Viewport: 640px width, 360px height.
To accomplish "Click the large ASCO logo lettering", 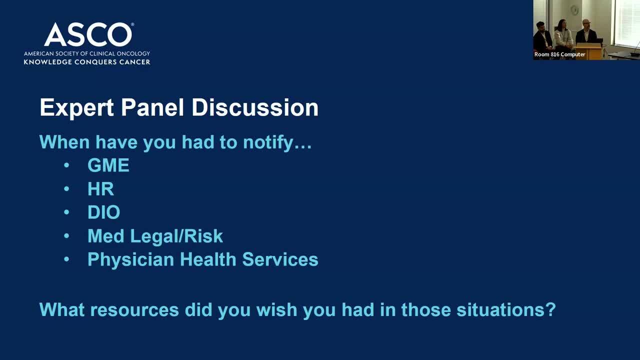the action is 88,34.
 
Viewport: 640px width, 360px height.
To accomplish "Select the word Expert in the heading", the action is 77,107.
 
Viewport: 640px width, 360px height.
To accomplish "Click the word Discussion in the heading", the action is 255,107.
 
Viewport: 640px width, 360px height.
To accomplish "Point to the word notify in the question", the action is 268,142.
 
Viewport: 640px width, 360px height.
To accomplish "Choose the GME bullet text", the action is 108,165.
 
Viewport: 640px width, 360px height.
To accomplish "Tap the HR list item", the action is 101,189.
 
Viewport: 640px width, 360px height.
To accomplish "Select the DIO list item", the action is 103,212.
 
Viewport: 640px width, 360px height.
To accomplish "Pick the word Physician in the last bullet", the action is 131,259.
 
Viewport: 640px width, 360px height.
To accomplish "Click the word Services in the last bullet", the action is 280,259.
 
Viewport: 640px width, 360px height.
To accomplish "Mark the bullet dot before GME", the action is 66,165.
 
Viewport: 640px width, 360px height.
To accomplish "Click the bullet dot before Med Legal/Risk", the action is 66,235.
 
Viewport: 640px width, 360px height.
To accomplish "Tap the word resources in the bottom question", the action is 134,310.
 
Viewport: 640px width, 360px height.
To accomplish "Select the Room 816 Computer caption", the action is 559,54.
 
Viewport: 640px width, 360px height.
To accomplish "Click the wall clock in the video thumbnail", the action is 574,10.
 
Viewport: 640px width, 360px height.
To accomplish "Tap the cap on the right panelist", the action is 586,21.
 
